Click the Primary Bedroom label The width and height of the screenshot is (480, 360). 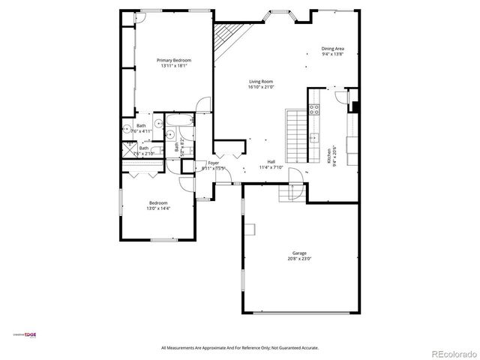point(173,60)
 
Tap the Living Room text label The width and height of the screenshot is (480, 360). point(260,81)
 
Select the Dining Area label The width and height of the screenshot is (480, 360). point(332,49)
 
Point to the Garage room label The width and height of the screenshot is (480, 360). point(298,253)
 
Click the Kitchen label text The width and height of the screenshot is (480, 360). point(328,156)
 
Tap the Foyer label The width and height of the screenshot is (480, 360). point(214,163)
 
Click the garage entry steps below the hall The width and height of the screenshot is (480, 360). point(290,193)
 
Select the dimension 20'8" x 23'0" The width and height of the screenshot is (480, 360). point(298,259)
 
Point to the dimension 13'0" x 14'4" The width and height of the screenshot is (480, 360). point(158,208)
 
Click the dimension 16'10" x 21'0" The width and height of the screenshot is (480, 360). point(260,87)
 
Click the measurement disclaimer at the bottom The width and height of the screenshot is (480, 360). point(240,348)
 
